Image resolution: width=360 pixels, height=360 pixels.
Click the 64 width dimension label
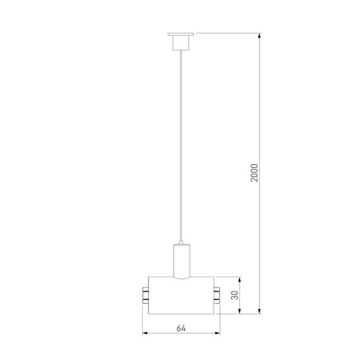[181, 328]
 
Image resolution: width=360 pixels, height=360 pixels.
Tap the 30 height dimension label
[235, 295]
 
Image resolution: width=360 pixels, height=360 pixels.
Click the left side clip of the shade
[145, 294]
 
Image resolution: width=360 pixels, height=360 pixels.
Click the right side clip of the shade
[217, 294]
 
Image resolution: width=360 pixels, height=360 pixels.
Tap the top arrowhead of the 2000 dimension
[260, 35]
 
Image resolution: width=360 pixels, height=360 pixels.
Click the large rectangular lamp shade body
[181, 294]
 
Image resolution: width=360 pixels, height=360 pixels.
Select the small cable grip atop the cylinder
[181, 243]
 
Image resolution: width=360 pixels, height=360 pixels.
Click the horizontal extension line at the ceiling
[227, 32]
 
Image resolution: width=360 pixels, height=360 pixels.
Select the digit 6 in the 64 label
[179, 328]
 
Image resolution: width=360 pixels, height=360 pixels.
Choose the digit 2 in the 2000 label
[255, 181]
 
